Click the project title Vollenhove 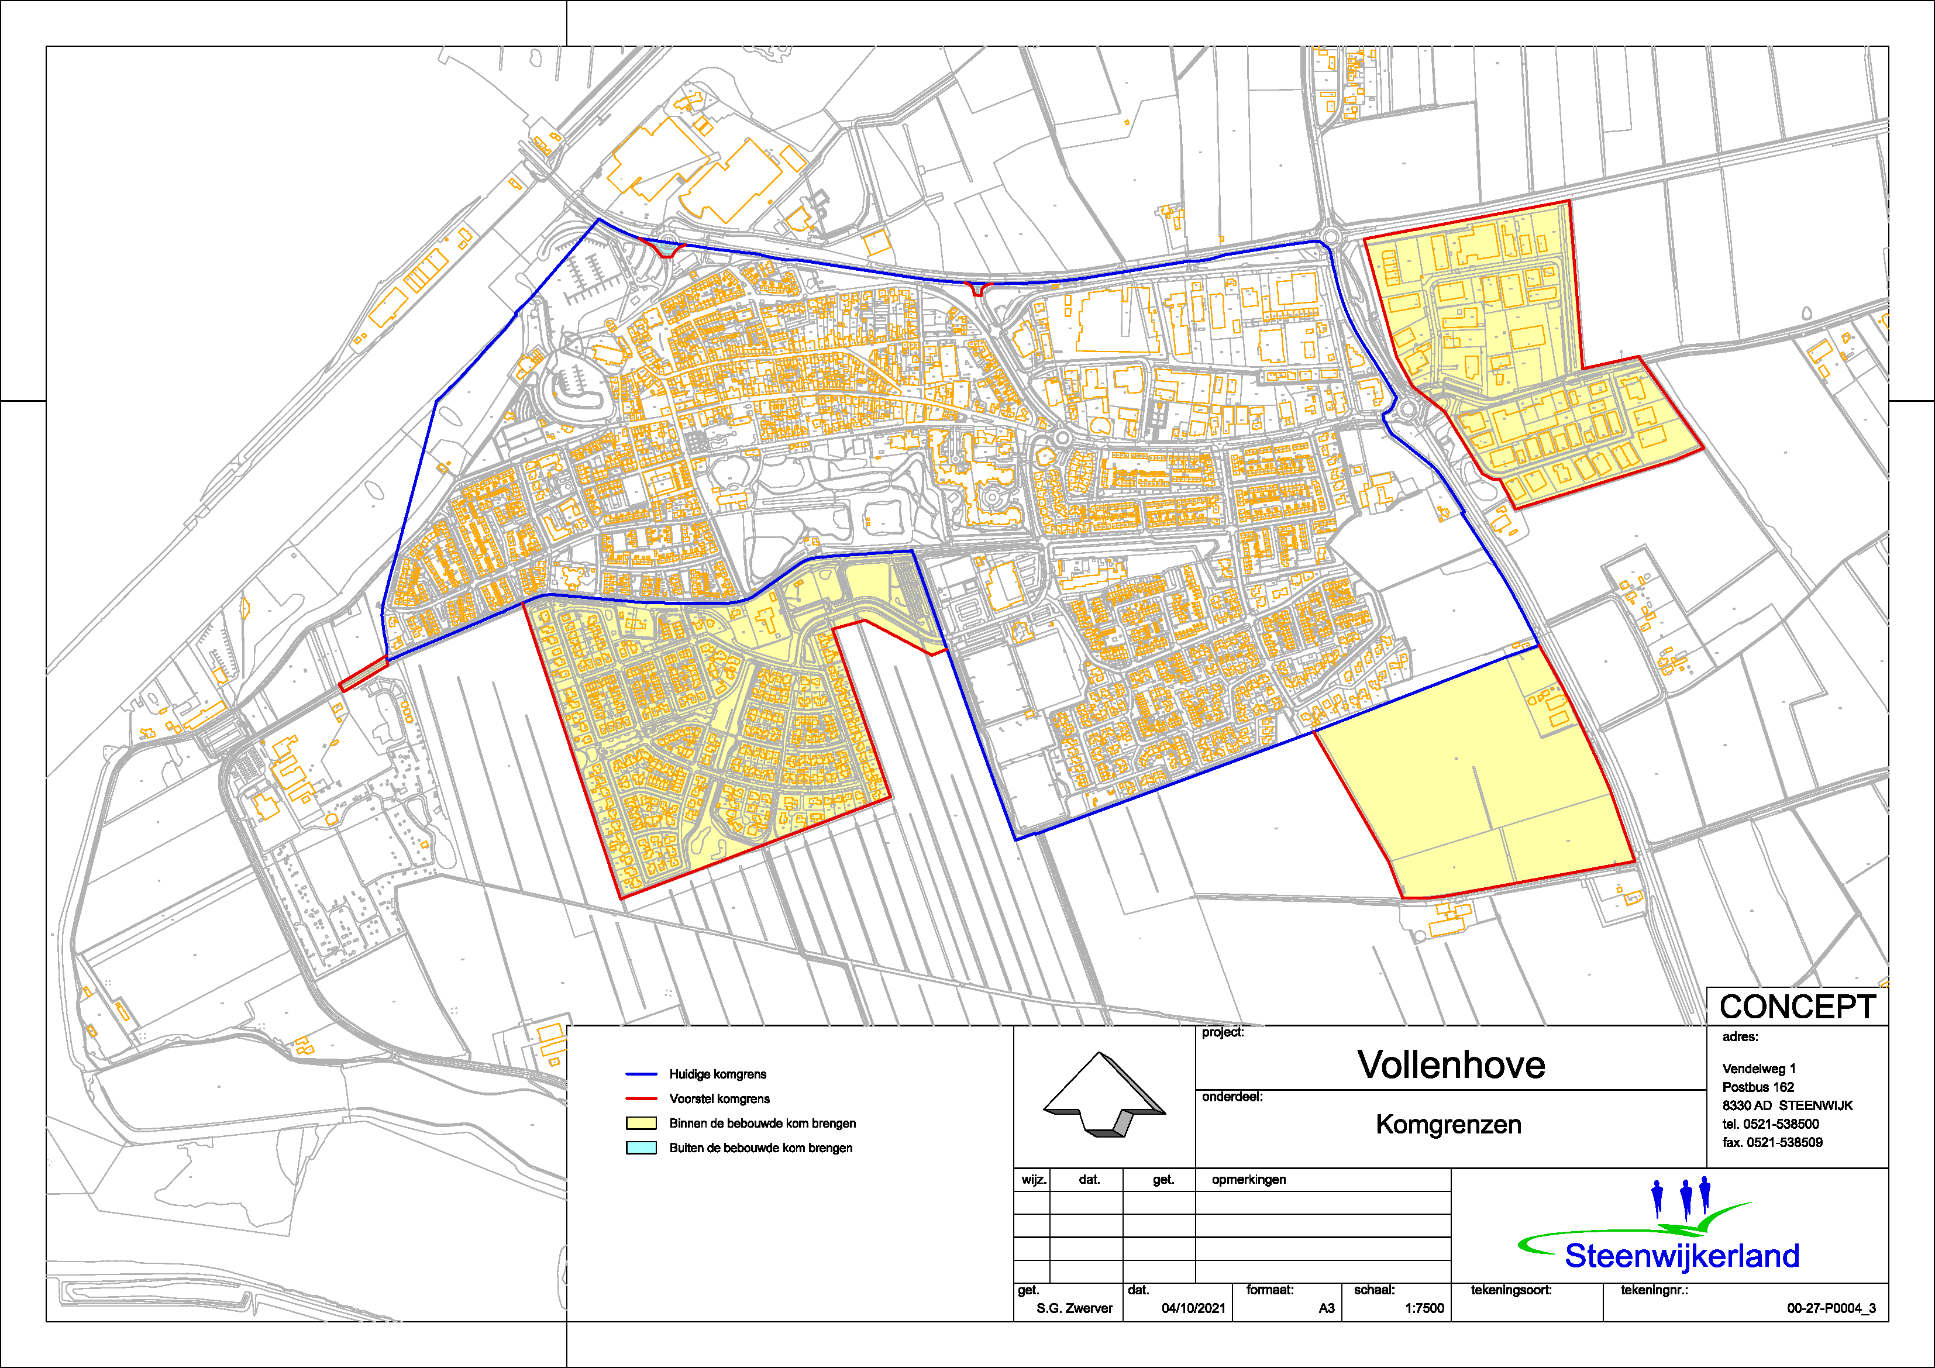click(x=1451, y=1064)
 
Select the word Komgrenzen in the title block click(x=1448, y=1125)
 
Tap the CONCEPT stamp click(x=1797, y=1007)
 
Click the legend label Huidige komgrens click(x=717, y=1074)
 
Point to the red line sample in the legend click(x=641, y=1098)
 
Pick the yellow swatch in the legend click(x=641, y=1124)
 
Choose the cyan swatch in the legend click(x=641, y=1148)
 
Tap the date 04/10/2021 click(x=1193, y=1308)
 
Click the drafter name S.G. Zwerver click(x=1074, y=1308)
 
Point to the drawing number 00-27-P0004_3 click(x=1830, y=1308)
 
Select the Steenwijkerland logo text click(x=1681, y=1256)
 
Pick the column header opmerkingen click(x=1248, y=1179)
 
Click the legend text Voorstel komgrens click(x=719, y=1098)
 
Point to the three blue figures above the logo click(x=1681, y=1197)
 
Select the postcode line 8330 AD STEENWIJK click(x=1786, y=1105)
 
